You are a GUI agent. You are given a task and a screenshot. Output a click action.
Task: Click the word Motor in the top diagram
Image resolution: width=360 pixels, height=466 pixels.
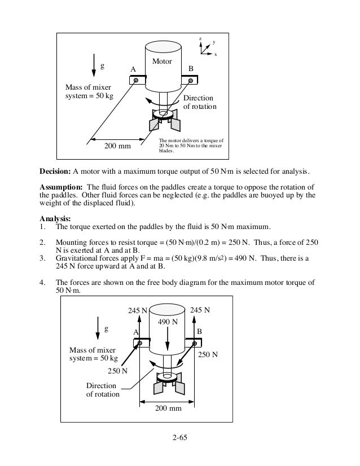(163, 61)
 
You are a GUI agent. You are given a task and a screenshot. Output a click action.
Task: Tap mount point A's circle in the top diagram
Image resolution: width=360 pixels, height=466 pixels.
(136, 81)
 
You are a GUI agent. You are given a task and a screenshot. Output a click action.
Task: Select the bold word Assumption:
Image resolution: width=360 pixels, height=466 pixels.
(64, 187)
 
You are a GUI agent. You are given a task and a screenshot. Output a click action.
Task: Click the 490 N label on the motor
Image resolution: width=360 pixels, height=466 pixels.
(168, 322)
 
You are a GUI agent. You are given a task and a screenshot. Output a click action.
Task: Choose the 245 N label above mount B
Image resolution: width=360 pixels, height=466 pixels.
(201, 310)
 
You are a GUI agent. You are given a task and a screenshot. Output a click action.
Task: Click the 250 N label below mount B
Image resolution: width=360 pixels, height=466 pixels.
(208, 355)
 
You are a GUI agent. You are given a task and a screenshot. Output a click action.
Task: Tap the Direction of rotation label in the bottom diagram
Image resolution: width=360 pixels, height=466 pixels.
(102, 390)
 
